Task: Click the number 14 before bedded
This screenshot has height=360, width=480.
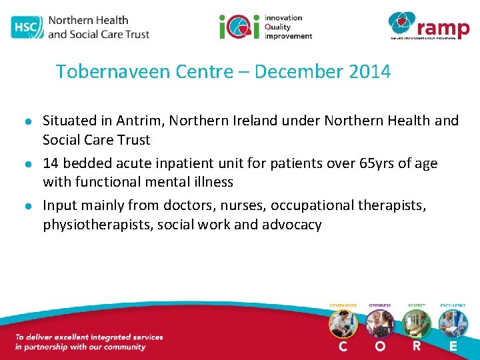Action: [51, 163]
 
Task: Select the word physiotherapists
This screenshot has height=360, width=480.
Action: [97, 225]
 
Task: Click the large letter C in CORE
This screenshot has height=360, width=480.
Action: [343, 347]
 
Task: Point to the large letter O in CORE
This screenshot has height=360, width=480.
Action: [380, 347]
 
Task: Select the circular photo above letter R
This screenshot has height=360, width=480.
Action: [417, 323]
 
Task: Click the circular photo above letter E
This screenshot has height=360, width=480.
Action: [453, 323]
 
